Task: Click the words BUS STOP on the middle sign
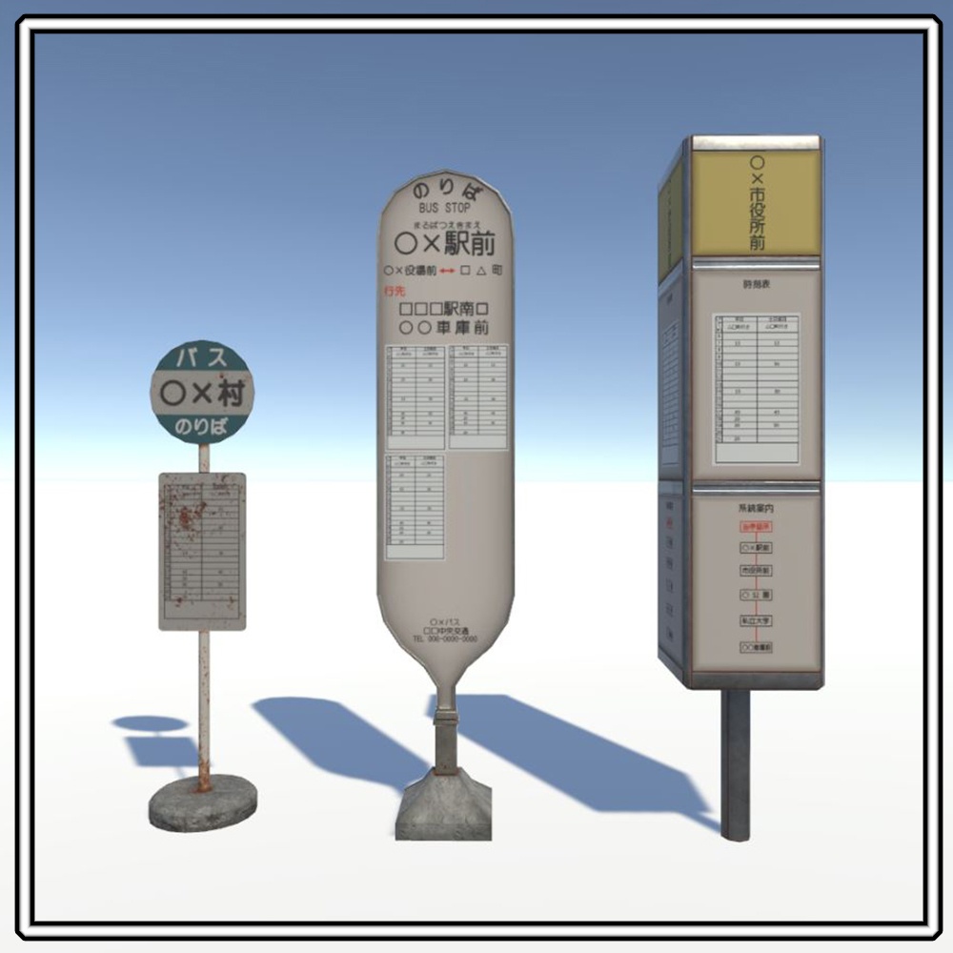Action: coord(444,208)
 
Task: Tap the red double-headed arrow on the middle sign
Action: coord(448,271)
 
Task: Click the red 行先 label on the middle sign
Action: coord(394,290)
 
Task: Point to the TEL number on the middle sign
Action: coord(445,639)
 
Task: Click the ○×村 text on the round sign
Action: coord(203,392)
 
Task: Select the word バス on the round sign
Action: coord(203,358)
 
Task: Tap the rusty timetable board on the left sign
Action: coord(202,550)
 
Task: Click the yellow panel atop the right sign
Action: coord(757,203)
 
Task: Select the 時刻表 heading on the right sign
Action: coord(755,283)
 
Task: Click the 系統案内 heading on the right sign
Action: coord(755,510)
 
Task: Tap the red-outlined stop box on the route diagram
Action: coord(756,526)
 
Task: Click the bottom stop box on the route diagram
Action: coord(756,647)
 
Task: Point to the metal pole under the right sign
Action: coord(735,762)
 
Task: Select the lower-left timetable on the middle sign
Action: coord(416,505)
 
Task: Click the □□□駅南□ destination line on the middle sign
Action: coord(444,310)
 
